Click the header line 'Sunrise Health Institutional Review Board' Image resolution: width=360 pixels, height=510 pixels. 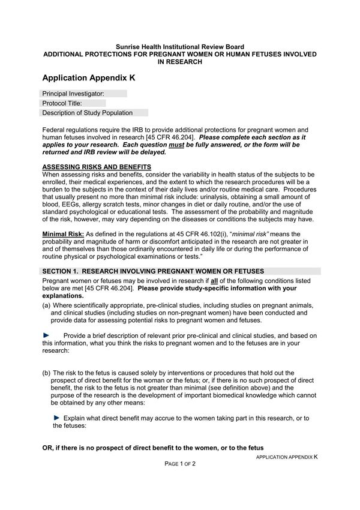point(180,46)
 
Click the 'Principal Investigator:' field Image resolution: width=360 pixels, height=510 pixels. point(83,94)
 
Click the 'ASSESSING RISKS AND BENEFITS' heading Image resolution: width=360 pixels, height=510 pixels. point(97,166)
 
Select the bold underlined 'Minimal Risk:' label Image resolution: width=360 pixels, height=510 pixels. point(62,234)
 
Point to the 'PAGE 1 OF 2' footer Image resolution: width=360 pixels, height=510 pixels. point(181,464)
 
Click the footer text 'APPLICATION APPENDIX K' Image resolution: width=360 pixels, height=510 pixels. point(286,457)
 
